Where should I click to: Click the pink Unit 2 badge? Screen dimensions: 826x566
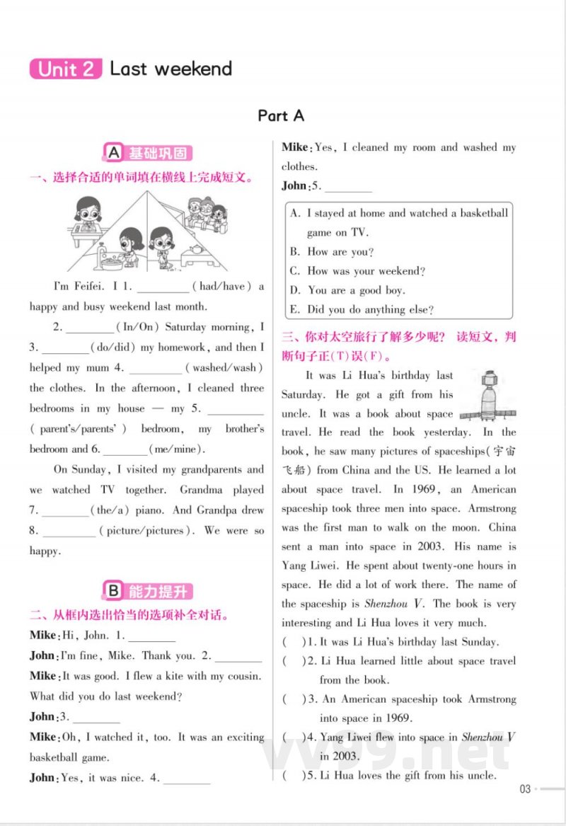[67, 69]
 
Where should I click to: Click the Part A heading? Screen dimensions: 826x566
[281, 115]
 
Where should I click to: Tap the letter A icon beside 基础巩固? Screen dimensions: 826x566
[113, 153]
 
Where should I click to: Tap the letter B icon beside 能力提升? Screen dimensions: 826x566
[113, 591]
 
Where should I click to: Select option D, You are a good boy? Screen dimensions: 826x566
[347, 290]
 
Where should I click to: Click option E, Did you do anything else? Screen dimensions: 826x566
[362, 309]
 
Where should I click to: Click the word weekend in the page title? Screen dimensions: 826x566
[193, 69]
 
